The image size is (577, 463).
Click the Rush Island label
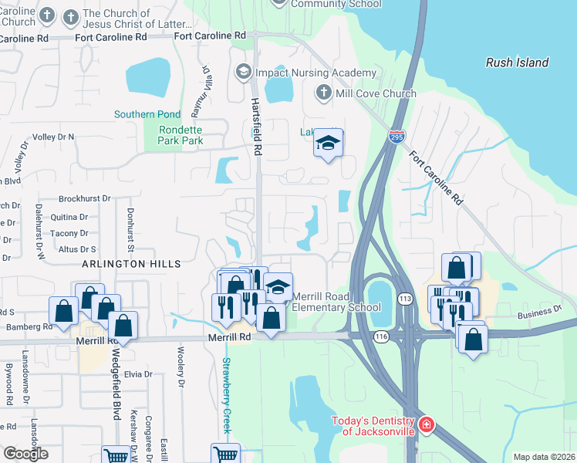pyautogui.click(x=517, y=63)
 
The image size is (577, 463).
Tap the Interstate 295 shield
pyautogui.click(x=396, y=137)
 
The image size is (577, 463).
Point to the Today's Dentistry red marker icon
pyautogui.click(x=426, y=425)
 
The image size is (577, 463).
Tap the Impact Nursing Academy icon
pyautogui.click(x=244, y=73)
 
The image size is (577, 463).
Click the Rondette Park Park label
pyautogui.click(x=181, y=135)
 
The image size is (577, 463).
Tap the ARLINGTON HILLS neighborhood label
pyautogui.click(x=133, y=264)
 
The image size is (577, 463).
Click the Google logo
pyautogui.click(x=25, y=453)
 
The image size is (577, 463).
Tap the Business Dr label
pyautogui.click(x=539, y=312)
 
